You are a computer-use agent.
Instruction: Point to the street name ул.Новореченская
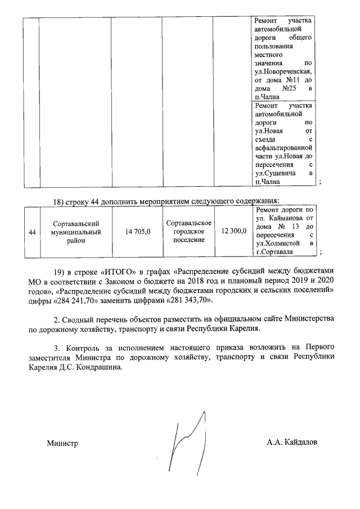pyautogui.click(x=284, y=72)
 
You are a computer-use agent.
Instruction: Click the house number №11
pyautogui.click(x=299, y=80)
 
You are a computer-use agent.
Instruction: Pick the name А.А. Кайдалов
pyautogui.click(x=291, y=442)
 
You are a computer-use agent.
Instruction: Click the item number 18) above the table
pyautogui.click(x=59, y=201)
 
